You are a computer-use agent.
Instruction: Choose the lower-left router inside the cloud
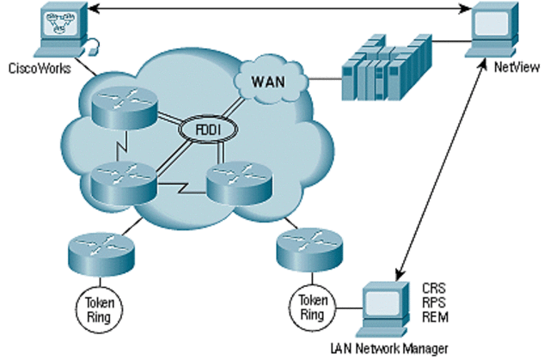coord(119,180)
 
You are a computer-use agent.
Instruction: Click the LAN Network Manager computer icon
coord(386,308)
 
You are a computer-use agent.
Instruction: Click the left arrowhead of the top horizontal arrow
coord(95,8)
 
